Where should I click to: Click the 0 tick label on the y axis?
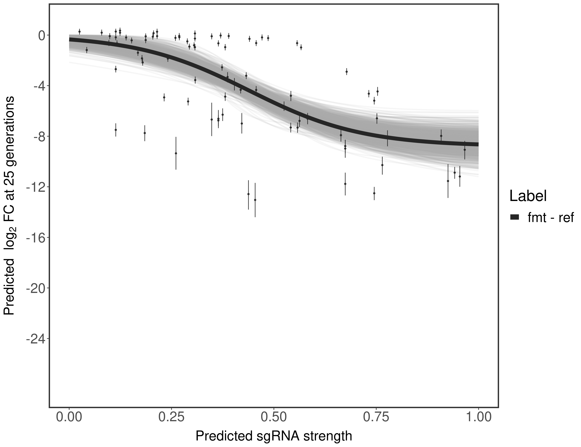point(42,35)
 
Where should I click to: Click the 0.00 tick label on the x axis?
point(69,417)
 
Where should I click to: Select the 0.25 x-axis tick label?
point(172,417)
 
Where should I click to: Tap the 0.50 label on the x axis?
point(274,417)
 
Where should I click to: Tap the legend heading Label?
point(528,196)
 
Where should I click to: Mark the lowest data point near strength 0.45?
point(255,200)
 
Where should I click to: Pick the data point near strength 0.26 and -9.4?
point(176,153)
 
